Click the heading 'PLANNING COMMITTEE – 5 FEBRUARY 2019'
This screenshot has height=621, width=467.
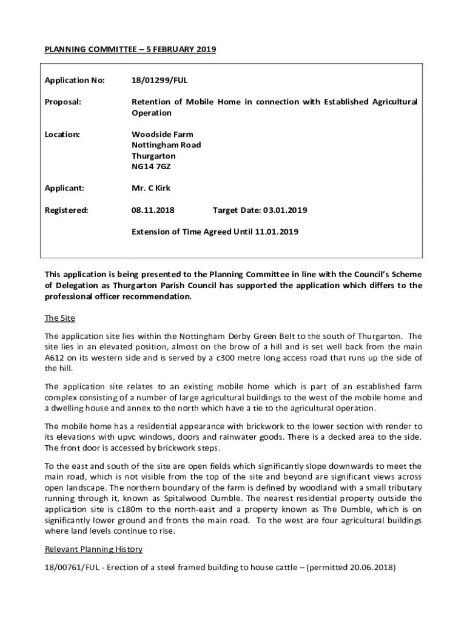pyautogui.click(x=130, y=49)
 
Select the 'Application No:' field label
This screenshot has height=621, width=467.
pyautogui.click(x=75, y=80)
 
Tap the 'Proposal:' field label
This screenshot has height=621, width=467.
pyautogui.click(x=62, y=102)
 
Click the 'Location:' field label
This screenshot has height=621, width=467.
pyautogui.click(x=62, y=134)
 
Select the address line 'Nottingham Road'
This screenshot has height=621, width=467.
pyautogui.click(x=166, y=145)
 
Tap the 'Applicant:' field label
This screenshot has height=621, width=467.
pyautogui.click(x=64, y=188)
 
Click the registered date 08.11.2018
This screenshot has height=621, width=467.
pyautogui.click(x=153, y=210)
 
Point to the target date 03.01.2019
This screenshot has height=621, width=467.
pyautogui.click(x=285, y=210)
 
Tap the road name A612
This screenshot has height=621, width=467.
pyautogui.click(x=54, y=357)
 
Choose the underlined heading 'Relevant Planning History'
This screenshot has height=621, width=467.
pyautogui.click(x=93, y=549)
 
